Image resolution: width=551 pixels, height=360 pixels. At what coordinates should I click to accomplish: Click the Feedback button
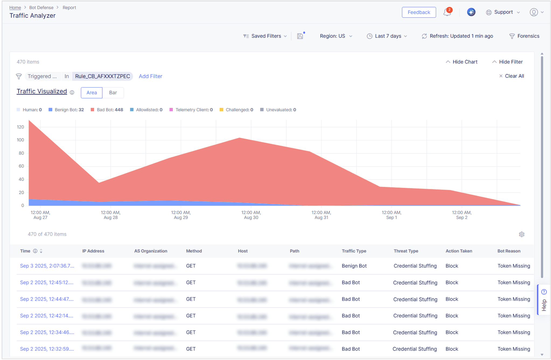coord(419,12)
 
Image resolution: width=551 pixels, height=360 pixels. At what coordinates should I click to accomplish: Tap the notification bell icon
coord(447,12)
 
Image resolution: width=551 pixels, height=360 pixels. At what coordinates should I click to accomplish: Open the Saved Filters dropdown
coord(265,36)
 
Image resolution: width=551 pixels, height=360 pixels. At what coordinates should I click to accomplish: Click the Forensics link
coord(525,36)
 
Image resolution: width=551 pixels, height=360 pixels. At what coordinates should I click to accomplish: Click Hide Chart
coord(462,62)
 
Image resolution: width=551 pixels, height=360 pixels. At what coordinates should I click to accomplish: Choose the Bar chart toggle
coord(113,93)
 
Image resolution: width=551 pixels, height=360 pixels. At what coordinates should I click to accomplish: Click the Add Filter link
coord(150,76)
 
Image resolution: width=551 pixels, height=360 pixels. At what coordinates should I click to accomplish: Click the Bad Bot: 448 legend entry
coord(107,110)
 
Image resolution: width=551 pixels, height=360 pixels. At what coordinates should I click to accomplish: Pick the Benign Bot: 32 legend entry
coord(66,110)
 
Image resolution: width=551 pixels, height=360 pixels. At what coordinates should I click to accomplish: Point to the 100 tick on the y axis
coord(20,140)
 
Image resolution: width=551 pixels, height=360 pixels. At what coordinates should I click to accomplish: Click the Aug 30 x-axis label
coord(251,215)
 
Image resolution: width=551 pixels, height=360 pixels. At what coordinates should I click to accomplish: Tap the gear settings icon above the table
coord(521,234)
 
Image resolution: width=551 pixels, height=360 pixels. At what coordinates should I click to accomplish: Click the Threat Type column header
coord(406,251)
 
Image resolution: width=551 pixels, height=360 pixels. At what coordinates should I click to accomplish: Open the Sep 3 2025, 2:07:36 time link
coord(47,266)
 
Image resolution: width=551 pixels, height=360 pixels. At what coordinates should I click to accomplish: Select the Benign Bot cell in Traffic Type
coord(354,266)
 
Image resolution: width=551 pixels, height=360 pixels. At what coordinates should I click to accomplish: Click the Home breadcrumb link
coord(15,8)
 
